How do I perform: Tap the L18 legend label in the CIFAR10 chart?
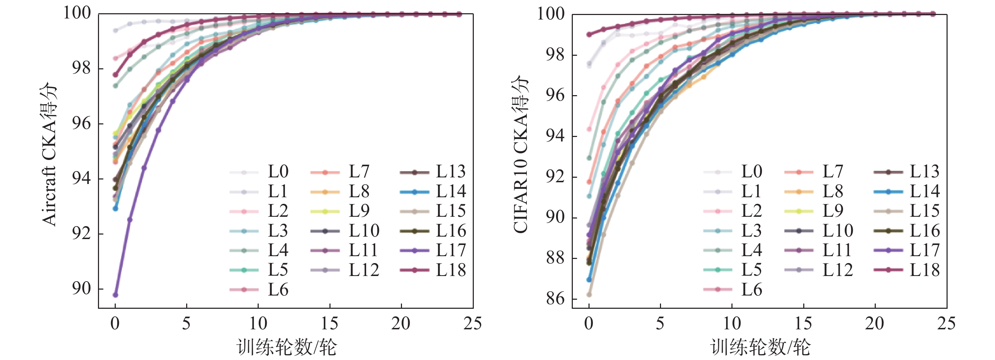(924, 270)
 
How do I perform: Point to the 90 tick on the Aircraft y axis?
(82, 289)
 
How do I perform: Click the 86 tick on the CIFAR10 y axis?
(555, 299)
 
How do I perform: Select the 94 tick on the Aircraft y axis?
(82, 178)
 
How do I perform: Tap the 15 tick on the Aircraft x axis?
(329, 323)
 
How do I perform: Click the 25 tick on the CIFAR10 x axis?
(946, 323)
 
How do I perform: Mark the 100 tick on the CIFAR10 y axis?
(551, 14)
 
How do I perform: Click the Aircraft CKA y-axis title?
(50, 154)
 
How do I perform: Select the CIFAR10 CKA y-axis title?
(521, 154)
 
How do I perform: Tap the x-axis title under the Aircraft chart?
(286, 347)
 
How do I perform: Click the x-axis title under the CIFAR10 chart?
(760, 347)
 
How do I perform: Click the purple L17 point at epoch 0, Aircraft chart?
(115, 295)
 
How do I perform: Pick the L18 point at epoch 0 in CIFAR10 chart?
(589, 35)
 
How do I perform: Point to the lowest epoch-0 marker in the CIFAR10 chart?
(589, 295)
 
